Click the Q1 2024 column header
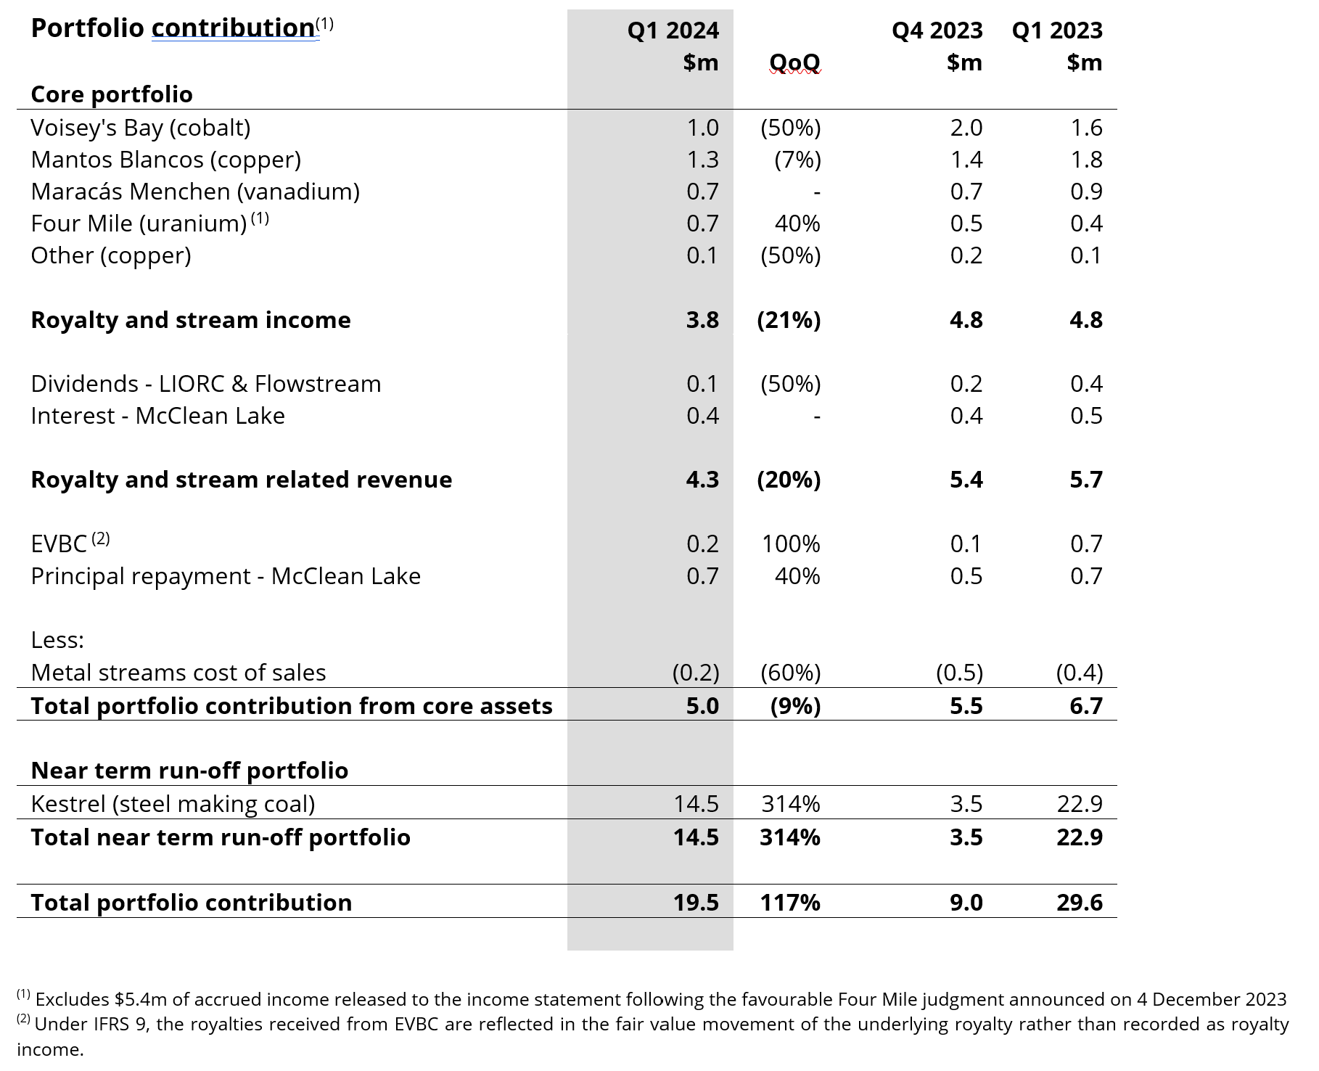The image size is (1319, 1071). coord(673,30)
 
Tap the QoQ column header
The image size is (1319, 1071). coord(794,62)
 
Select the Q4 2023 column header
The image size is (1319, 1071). coord(937,30)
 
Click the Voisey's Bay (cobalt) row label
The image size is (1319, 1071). coord(141,128)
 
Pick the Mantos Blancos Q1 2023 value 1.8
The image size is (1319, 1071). coord(1086,160)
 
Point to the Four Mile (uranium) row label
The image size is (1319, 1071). coord(139,223)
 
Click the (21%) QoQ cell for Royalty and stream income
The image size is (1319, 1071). coord(789,320)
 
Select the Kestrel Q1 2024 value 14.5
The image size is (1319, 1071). coord(696,804)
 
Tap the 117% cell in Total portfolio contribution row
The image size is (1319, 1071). coord(790,903)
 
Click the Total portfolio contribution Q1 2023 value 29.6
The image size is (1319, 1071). coord(1080,903)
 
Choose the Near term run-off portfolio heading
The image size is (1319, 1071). coord(189,771)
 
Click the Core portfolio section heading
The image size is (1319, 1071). coord(112,94)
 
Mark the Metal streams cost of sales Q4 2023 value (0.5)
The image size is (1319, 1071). coord(959,673)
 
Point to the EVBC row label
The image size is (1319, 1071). coord(59,544)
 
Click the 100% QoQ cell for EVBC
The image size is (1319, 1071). coord(791,544)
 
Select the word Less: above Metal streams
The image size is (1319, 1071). coord(57,640)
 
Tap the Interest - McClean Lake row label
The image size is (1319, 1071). coord(157,416)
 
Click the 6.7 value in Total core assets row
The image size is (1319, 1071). coord(1086,706)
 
